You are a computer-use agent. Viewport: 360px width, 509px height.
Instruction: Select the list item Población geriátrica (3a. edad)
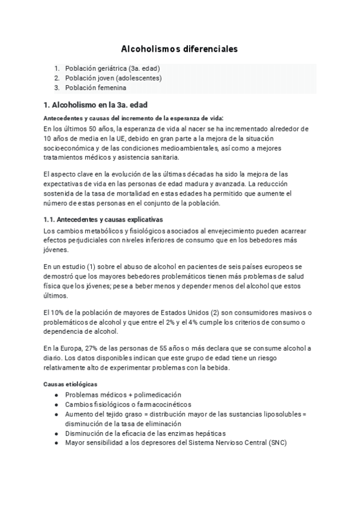112,68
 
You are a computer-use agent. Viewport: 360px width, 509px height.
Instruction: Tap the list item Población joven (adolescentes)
113,78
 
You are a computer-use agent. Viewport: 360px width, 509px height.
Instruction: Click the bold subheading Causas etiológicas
71,384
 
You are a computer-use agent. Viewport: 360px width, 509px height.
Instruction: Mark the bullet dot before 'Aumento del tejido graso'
56,414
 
